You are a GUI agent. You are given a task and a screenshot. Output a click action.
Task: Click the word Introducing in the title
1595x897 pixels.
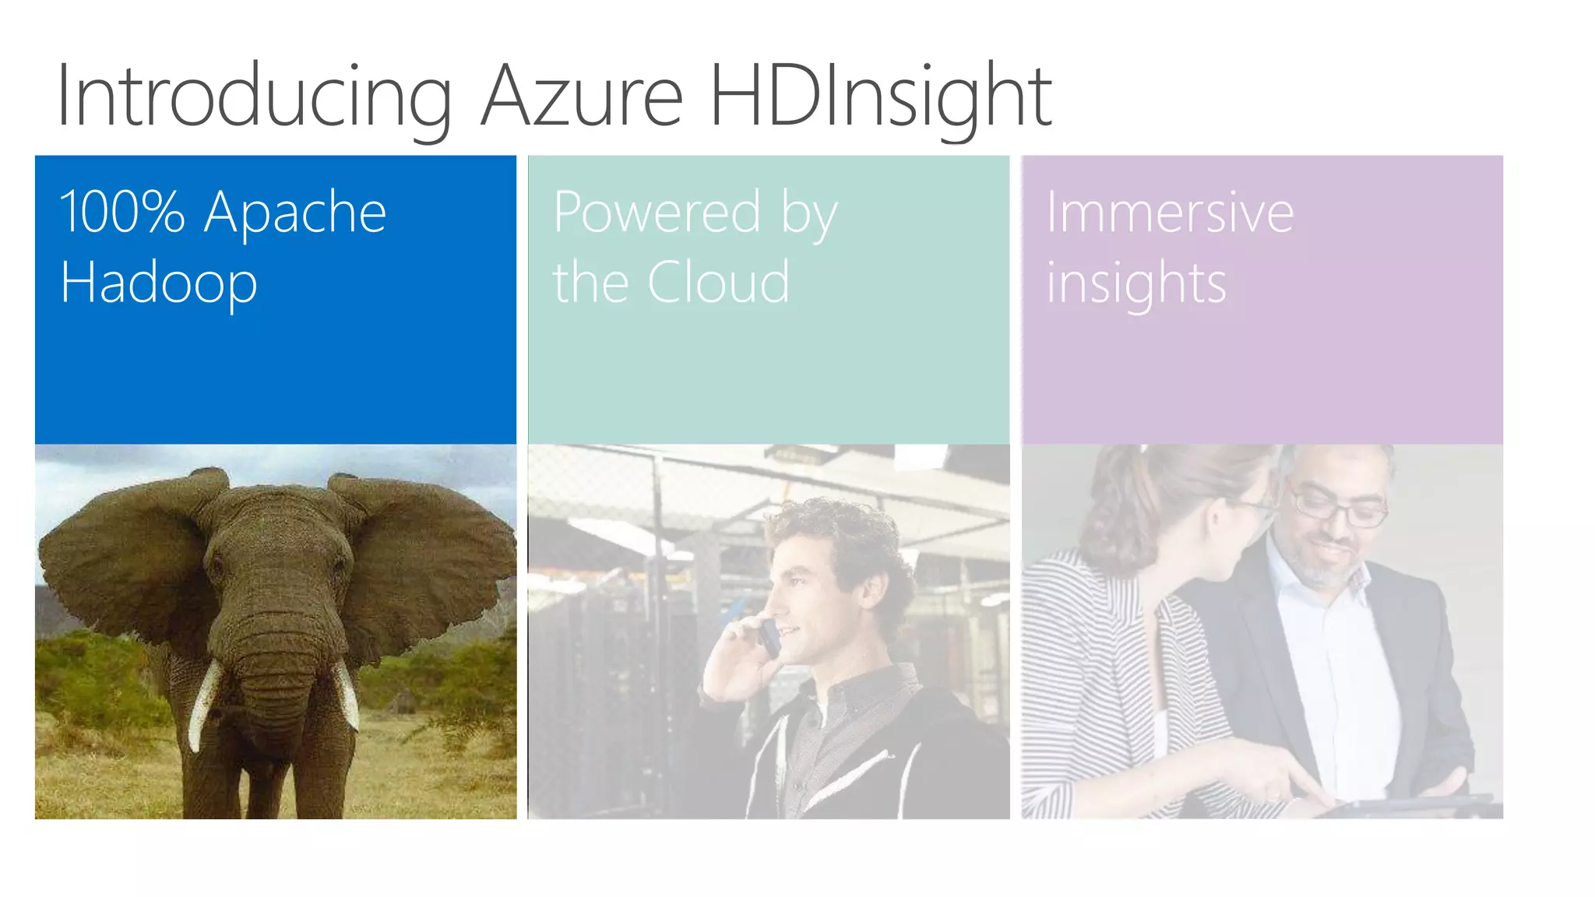[x=254, y=97]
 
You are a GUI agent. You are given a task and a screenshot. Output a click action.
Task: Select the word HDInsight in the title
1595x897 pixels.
[x=880, y=97]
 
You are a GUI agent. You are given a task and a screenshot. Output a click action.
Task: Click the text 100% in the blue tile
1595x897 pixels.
[x=122, y=212]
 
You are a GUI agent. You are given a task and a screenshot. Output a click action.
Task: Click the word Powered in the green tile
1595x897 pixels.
[x=657, y=212]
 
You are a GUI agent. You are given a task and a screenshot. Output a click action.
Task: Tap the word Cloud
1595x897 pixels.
[x=718, y=282]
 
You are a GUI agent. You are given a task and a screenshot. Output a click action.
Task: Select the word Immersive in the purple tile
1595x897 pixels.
[x=1169, y=212]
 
